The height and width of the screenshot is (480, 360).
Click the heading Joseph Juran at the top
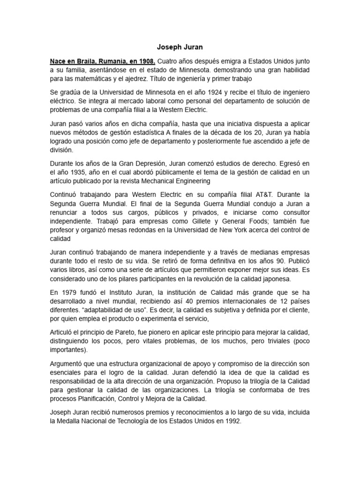pyautogui.click(x=180, y=47)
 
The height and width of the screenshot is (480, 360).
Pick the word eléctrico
pyautogui.click(x=64, y=101)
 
